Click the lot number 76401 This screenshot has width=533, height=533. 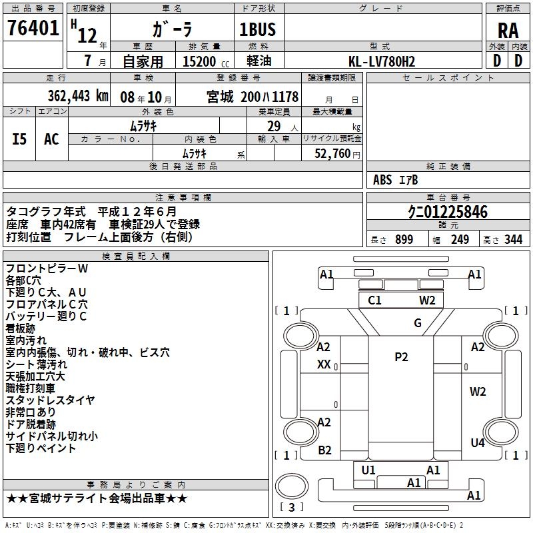click(x=33, y=29)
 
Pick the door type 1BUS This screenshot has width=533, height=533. click(x=257, y=29)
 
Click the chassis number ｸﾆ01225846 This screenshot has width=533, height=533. click(x=447, y=213)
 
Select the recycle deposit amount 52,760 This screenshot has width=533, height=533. click(x=335, y=153)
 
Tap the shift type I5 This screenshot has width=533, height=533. click(x=20, y=139)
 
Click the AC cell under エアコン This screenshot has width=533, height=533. click(x=51, y=139)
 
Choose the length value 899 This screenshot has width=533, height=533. click(x=404, y=240)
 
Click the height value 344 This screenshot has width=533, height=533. click(x=513, y=240)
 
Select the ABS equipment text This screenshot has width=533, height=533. click(x=382, y=180)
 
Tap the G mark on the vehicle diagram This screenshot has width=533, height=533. click(x=418, y=323)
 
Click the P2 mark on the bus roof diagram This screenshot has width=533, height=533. click(x=401, y=357)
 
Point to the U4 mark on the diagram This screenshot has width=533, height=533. click(x=478, y=442)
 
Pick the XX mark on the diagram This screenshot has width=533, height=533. click(x=324, y=364)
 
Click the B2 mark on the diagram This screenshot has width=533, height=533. click(x=324, y=450)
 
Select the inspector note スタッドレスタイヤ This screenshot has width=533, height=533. click(x=51, y=400)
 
